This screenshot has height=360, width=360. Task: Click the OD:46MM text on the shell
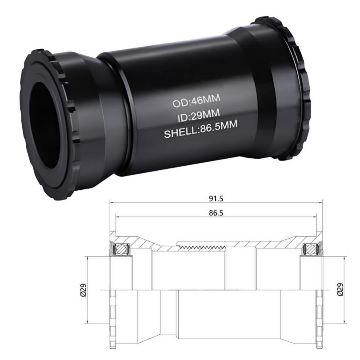click(196, 101)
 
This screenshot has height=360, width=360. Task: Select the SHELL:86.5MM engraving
click(200, 129)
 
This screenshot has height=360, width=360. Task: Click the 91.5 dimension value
click(216, 199)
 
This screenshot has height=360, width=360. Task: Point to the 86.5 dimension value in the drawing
click(216, 213)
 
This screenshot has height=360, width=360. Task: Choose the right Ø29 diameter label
click(340, 289)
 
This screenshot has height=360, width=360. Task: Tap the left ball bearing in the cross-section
click(120, 249)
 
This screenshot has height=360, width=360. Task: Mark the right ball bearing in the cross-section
click(312, 249)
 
